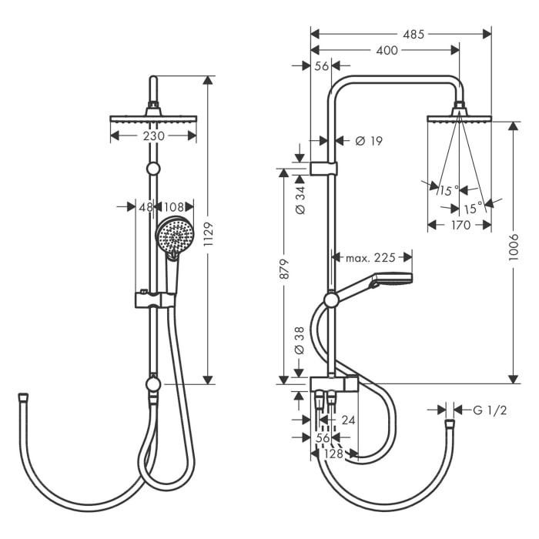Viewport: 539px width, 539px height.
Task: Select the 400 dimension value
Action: point(388,50)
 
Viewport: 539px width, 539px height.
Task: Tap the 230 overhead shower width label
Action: point(153,136)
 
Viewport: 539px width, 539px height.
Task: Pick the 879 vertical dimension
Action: point(283,268)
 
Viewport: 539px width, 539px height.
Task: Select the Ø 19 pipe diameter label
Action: point(369,140)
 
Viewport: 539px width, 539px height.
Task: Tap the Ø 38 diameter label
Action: point(300,341)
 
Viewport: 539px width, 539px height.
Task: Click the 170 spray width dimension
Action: point(459,225)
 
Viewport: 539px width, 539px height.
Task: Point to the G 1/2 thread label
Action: point(490,410)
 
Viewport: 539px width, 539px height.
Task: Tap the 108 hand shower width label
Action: point(174,206)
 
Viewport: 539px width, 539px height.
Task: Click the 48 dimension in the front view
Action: point(146,206)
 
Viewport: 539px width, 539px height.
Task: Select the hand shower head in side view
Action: point(392,279)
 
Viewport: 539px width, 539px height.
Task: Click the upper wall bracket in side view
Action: point(323,169)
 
